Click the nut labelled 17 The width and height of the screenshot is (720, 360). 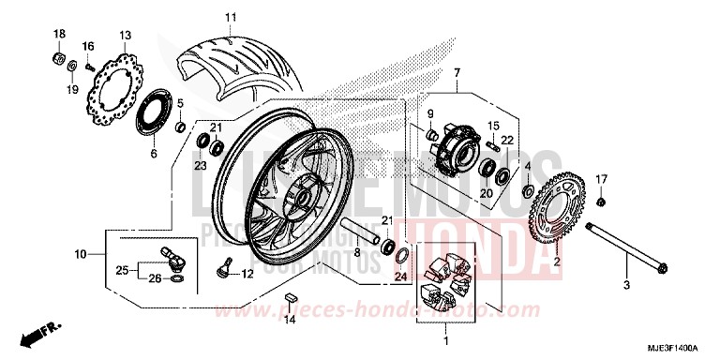click(x=601, y=202)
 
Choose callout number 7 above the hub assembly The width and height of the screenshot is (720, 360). click(x=457, y=73)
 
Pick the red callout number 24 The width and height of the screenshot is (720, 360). click(x=399, y=277)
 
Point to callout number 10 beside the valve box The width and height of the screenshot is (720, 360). click(x=82, y=254)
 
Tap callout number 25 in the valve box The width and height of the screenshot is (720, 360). click(x=121, y=270)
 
